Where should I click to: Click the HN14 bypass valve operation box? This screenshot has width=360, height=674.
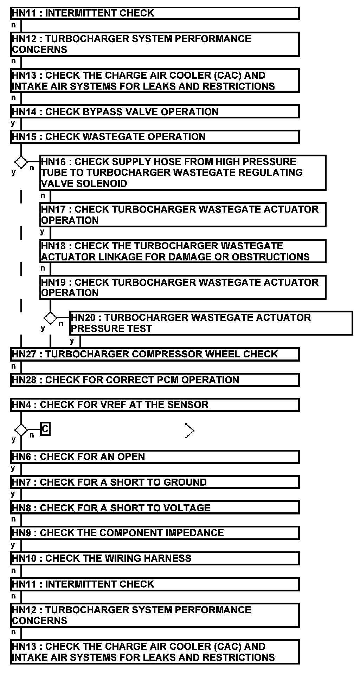tap(155, 112)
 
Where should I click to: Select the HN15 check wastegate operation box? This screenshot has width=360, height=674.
tap(155, 137)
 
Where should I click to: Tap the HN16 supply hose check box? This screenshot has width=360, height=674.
tap(183, 173)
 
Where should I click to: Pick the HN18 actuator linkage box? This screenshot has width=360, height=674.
tap(183, 251)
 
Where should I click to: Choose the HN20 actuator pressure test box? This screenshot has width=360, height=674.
tap(211, 323)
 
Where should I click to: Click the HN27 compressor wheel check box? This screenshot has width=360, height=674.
tap(155, 354)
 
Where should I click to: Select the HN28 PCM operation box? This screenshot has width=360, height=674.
tap(155, 380)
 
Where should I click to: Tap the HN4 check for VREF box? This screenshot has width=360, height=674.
tap(155, 405)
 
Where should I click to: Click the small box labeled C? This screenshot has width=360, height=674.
tap(45, 429)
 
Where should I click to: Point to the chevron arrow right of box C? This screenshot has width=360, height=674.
tap(189, 430)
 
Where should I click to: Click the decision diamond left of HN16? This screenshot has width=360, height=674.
tap(21, 162)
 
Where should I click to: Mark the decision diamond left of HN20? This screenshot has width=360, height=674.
tap(50, 318)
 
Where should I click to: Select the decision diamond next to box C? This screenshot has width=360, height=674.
tap(21, 430)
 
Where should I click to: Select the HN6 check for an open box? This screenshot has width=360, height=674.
tap(155, 456)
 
